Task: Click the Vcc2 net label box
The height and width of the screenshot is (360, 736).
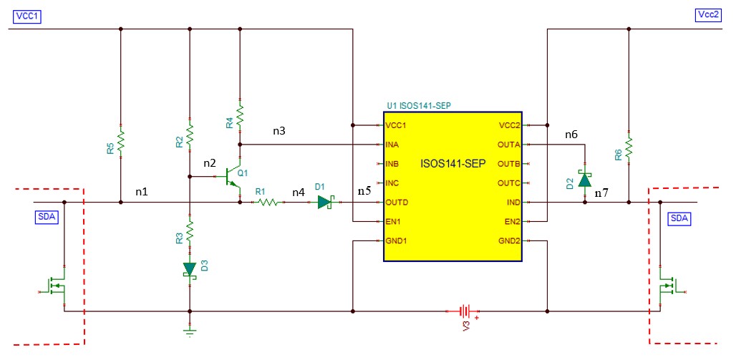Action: pos(710,16)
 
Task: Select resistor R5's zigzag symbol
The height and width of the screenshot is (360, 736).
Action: pos(120,140)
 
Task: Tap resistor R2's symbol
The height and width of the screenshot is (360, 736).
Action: pos(190,134)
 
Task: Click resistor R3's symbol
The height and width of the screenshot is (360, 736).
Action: pos(190,230)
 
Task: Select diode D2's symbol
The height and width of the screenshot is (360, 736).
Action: pos(585,178)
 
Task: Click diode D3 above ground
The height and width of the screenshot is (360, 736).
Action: pos(190,269)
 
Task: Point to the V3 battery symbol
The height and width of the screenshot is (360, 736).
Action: pos(465,311)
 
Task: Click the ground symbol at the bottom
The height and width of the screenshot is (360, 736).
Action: pos(190,330)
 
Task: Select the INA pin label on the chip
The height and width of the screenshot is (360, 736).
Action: pos(392,145)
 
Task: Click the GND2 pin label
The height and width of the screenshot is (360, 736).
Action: pos(508,241)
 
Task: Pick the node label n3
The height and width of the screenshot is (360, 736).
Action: pos(279,131)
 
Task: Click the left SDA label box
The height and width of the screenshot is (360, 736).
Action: pos(48,215)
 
